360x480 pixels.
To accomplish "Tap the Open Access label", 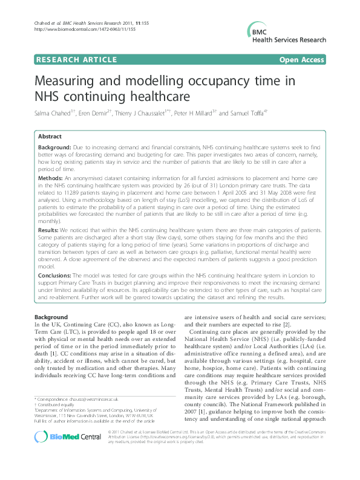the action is click(x=302, y=60).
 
